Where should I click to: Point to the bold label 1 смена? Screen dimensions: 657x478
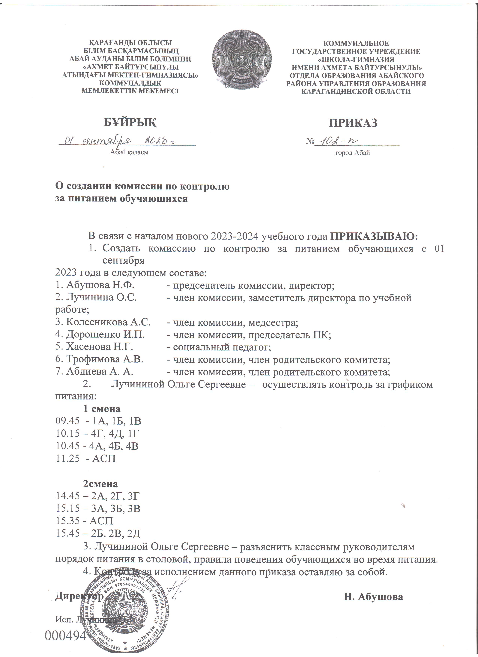[x=102, y=409]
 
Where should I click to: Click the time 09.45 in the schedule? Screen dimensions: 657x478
[x=67, y=421]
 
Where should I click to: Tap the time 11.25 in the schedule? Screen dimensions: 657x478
[x=67, y=458]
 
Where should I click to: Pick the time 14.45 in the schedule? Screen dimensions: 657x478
[x=67, y=496]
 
